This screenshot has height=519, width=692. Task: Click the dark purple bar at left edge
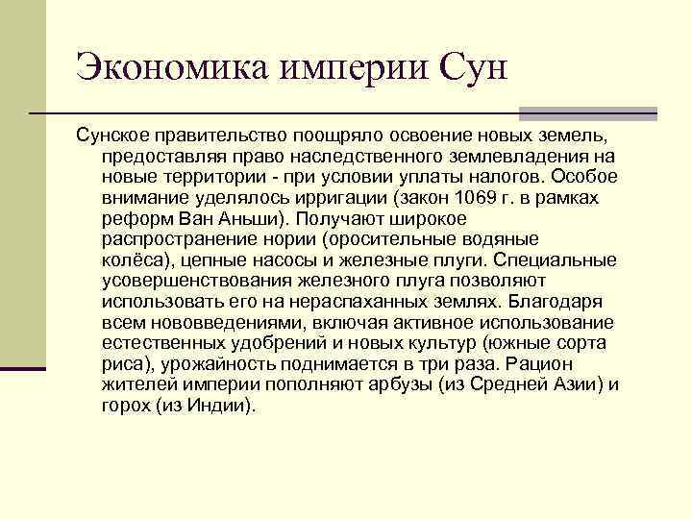coord(22,367)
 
